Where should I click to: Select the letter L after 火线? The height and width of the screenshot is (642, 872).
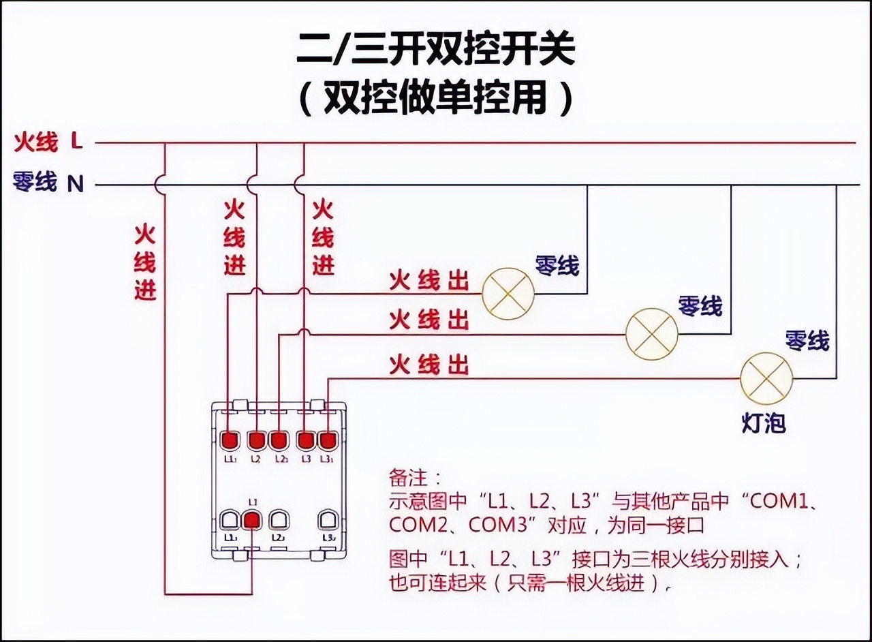[x=76, y=142]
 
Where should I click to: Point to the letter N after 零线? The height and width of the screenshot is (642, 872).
[x=76, y=183]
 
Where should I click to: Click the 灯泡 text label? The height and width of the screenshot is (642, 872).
[x=763, y=423]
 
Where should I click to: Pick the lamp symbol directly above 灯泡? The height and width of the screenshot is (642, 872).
[x=766, y=379]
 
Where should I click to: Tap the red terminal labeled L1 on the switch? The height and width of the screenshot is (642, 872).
[x=252, y=521]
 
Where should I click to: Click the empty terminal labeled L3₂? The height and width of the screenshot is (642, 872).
[x=328, y=521]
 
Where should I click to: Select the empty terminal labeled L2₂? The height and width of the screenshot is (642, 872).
[x=278, y=521]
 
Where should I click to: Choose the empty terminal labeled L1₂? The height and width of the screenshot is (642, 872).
[x=230, y=521]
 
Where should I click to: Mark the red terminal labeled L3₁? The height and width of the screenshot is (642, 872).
[x=328, y=440]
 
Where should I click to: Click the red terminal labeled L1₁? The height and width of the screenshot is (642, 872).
[x=230, y=440]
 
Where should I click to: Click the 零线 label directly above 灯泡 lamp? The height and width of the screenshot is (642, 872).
[x=807, y=340]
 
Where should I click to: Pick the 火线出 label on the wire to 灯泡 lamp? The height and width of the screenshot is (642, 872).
[x=429, y=365]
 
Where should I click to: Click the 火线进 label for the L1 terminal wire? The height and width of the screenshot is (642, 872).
[x=145, y=262]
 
